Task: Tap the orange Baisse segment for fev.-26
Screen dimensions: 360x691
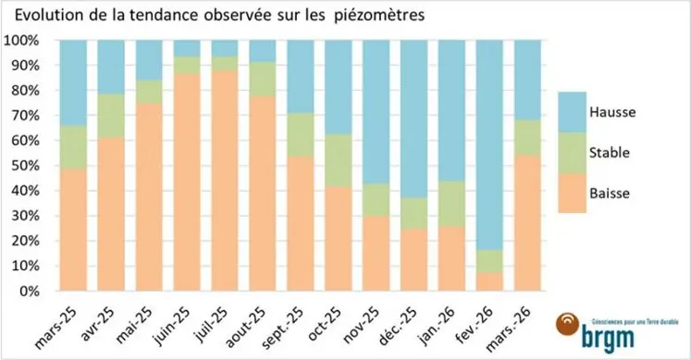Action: point(489,281)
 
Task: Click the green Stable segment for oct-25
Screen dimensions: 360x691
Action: point(339,160)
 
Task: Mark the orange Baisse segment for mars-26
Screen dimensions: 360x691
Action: point(527,222)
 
